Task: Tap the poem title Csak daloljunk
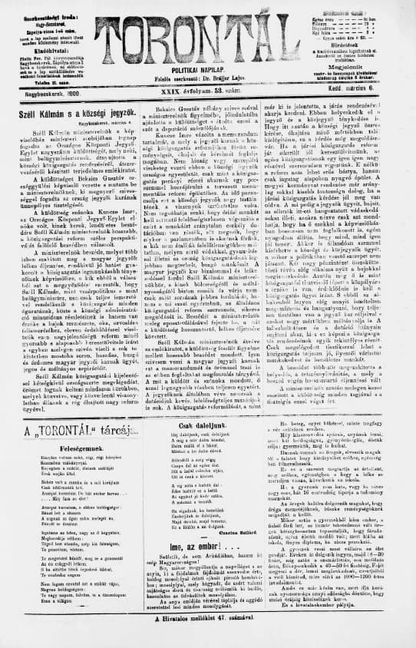click(x=208, y=404)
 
